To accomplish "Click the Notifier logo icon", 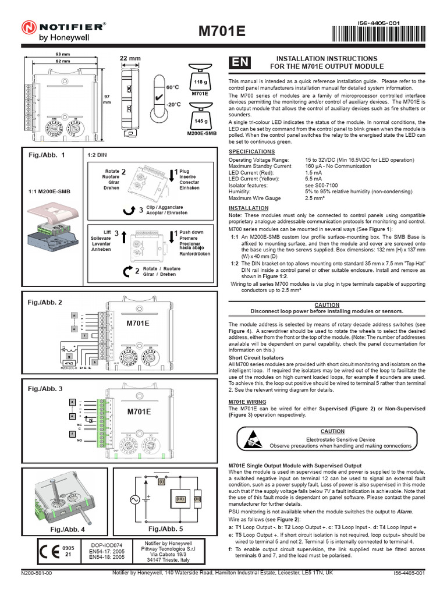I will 30,26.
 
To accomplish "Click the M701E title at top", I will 223,31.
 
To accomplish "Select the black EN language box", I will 240,62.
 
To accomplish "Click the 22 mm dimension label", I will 130,58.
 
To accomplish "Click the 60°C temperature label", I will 173,87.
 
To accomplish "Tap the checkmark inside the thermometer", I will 158,94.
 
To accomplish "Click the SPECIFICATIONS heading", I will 251,151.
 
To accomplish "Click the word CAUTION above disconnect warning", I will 327,304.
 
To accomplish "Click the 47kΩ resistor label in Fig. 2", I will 69,362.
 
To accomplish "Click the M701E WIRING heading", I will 247,402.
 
